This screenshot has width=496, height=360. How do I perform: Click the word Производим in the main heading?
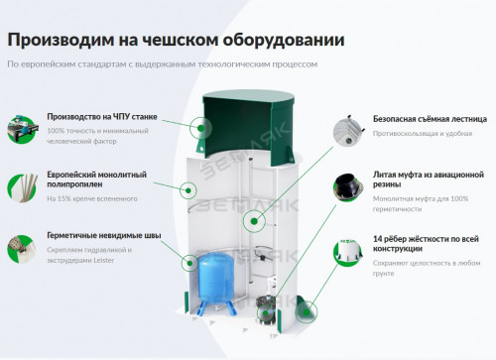53,40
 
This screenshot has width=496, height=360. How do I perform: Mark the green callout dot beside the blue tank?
187,262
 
